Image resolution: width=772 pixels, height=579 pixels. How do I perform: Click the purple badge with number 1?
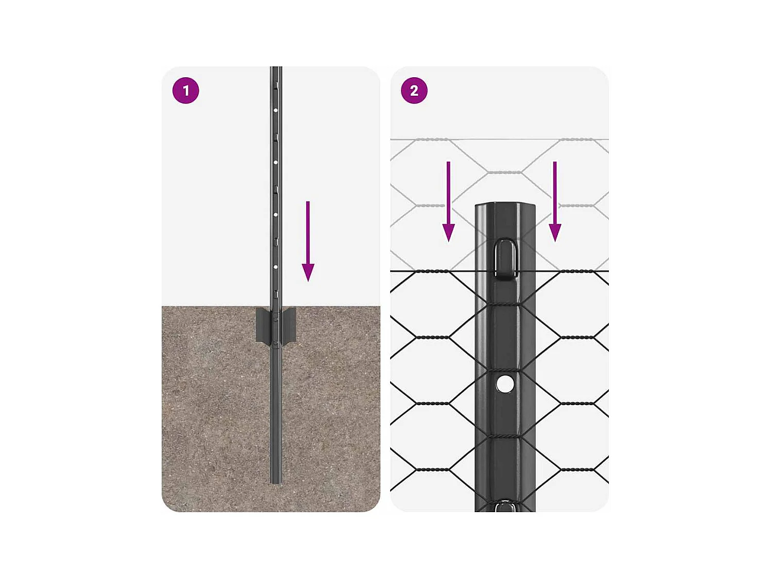(185, 91)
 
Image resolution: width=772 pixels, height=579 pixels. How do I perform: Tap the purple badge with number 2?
(414, 91)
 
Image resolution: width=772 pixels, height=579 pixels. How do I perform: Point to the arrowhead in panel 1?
(308, 272)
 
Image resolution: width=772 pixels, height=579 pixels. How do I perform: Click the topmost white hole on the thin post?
(276, 110)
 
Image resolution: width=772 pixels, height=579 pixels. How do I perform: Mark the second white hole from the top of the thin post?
(276, 163)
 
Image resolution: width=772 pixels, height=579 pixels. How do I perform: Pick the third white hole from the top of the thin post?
(276, 215)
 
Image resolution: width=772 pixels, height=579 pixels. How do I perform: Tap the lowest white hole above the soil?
(276, 267)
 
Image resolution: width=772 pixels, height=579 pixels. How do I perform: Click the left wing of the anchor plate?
(262, 325)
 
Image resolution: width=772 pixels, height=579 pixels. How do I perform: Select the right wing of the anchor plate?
(289, 325)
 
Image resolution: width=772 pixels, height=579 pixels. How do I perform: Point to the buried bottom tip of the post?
(276, 481)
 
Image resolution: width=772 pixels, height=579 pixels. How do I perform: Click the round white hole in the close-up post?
(505, 384)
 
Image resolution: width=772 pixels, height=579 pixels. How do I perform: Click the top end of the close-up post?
(505, 206)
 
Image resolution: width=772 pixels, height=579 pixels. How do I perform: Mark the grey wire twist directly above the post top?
(504, 172)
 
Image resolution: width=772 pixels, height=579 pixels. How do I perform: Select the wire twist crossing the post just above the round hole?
(505, 370)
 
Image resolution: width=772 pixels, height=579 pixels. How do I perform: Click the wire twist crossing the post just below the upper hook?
(505, 304)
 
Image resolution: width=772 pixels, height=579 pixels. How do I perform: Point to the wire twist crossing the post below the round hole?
(505, 436)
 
